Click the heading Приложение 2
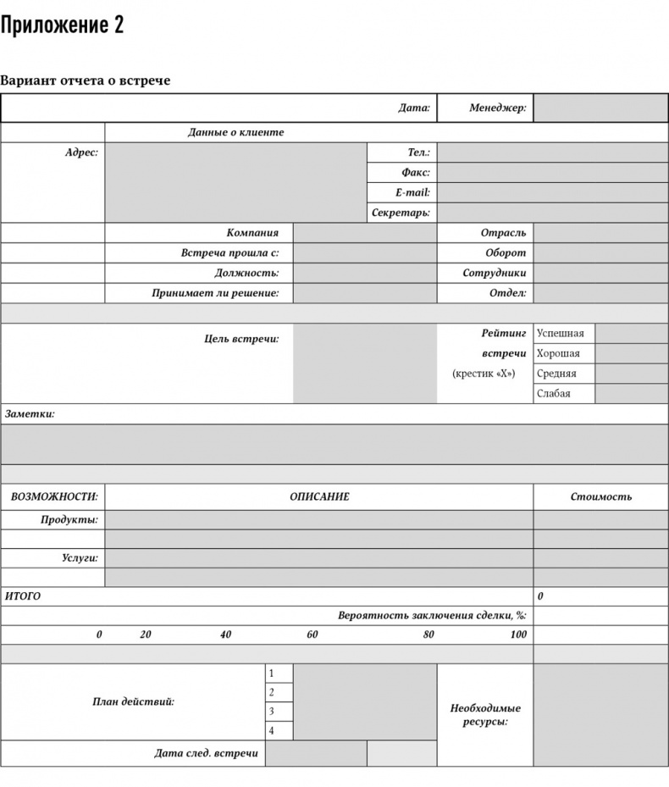[62, 26]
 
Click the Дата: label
[414, 108]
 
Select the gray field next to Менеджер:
[600, 108]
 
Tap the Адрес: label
[81, 152]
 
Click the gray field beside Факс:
[552, 173]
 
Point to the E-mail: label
[412, 193]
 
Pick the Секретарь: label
[401, 213]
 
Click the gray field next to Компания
[365, 233]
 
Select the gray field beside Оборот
[600, 252]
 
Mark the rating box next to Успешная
[632, 333]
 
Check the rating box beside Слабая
[632, 393]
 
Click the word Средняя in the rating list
[556, 374]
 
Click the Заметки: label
[30, 414]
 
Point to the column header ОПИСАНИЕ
[319, 497]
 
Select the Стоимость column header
[600, 497]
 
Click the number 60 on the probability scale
[312, 635]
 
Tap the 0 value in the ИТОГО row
[540, 596]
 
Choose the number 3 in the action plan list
[271, 712]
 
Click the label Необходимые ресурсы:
[485, 715]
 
